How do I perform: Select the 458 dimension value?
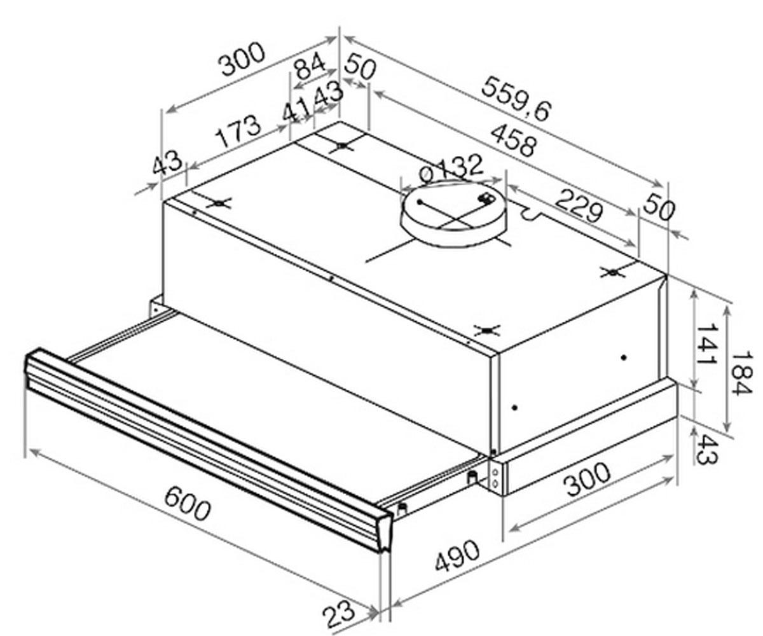click(x=513, y=141)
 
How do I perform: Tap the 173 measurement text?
click(x=238, y=131)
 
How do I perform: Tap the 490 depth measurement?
click(x=457, y=556)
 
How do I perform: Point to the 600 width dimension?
click(x=188, y=505)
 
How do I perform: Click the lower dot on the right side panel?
click(x=515, y=408)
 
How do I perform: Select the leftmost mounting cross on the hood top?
click(x=219, y=203)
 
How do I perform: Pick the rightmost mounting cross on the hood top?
click(x=613, y=272)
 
